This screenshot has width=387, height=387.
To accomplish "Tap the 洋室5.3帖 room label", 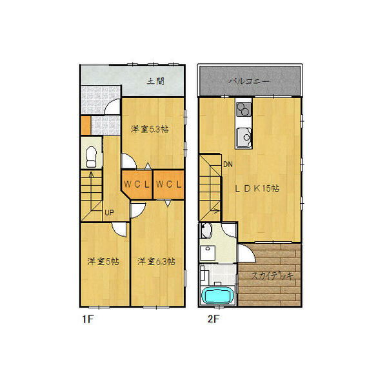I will click(x=150, y=129).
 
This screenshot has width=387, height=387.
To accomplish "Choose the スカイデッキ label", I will click(x=272, y=275).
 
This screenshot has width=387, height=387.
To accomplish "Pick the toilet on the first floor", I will click(x=91, y=155).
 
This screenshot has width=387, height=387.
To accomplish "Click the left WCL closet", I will click(x=137, y=184).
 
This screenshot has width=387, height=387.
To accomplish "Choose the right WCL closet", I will click(x=169, y=184).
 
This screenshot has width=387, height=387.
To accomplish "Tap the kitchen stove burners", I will click(x=244, y=109).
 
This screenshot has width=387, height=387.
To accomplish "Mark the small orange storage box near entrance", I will click(x=85, y=124).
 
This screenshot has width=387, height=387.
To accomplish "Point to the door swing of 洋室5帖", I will click(x=119, y=228).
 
